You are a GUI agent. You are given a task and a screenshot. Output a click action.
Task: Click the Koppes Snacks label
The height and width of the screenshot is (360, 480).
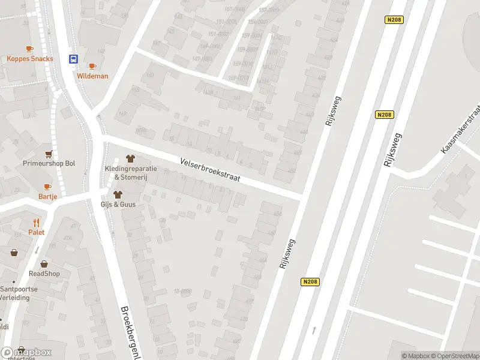pyautogui.click(x=30, y=59)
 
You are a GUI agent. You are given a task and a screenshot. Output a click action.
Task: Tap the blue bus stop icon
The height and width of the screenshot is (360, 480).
pyautogui.click(x=73, y=59)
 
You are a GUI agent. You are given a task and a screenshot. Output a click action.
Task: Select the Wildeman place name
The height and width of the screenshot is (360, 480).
pyautogui.click(x=92, y=76)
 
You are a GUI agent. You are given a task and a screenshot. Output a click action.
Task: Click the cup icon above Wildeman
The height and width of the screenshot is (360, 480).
pyautogui.click(x=92, y=66)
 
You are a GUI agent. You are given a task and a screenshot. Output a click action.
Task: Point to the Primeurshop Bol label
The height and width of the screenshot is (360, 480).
pyautogui.click(x=49, y=163)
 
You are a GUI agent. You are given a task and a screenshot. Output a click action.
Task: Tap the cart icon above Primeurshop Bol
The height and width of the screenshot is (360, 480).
pyautogui.click(x=49, y=154)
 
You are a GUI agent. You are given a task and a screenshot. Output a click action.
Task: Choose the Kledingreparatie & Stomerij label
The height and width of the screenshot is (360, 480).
pyautogui.click(x=131, y=172)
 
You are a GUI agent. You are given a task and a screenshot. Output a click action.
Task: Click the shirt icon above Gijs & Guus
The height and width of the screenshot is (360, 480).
pyautogui.click(x=118, y=194)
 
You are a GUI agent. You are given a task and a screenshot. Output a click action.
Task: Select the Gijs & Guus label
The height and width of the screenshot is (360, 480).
pyautogui.click(x=118, y=205)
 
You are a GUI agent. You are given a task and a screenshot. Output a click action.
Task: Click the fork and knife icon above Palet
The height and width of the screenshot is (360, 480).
pyautogui.click(x=36, y=223)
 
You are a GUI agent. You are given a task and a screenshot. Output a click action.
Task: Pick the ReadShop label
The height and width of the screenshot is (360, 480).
pyautogui.click(x=44, y=274)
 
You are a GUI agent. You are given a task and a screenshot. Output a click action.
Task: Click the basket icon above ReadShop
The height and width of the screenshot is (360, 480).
pyautogui.click(x=44, y=263)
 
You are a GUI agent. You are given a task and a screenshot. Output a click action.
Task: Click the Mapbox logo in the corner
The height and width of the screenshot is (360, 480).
pyautogui.click(x=26, y=352)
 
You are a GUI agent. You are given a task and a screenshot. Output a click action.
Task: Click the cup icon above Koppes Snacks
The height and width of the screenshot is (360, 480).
pyautogui.click(x=29, y=49)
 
